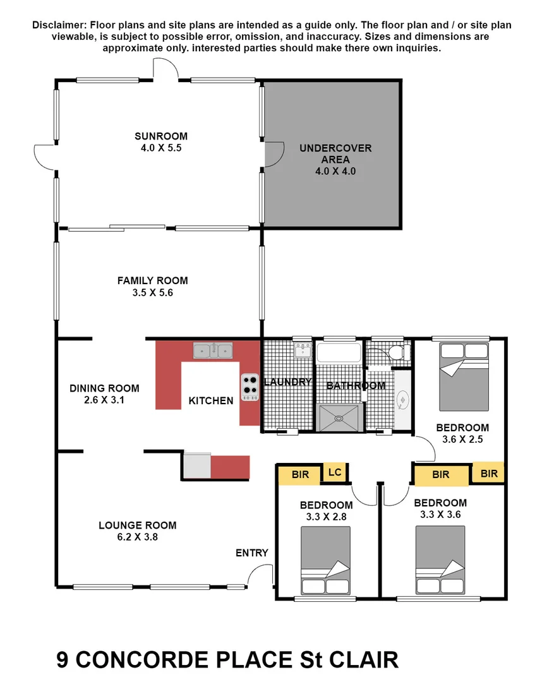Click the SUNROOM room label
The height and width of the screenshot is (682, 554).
pos(160,136)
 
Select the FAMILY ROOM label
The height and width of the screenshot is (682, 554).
pos(152,280)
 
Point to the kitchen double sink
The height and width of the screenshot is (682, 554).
pos(213,350)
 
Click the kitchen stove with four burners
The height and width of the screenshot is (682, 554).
pos(250,386)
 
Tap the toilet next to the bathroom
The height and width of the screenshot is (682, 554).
pos(397,352)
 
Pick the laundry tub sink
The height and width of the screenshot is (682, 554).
pos(302,349)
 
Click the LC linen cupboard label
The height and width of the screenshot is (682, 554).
pos(335,472)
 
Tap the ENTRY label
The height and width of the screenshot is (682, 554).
pos(252,553)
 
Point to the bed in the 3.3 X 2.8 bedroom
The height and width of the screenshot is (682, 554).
pos(325,559)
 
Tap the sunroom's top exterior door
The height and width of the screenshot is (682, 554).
pos(166,69)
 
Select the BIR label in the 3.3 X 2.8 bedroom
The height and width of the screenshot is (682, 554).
pos(301,474)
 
